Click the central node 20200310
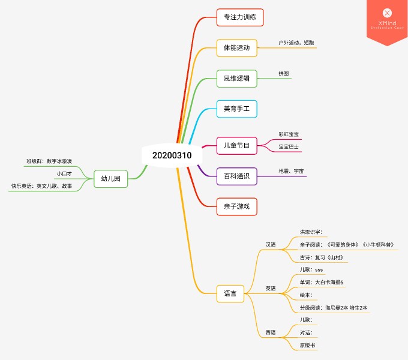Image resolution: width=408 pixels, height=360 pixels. pos(172,155)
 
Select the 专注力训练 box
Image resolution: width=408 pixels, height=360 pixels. pos(240,17)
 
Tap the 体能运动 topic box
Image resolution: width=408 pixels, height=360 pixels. pos(237,48)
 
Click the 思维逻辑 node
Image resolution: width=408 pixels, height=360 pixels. pos(237,78)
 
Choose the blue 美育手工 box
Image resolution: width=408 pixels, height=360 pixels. pos(237,109)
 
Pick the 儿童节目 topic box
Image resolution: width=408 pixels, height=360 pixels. pos(237,146)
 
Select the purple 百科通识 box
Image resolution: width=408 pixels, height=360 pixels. pos(237,176)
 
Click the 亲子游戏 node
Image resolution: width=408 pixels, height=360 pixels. pos(237,206)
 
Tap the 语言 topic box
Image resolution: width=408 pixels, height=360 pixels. pos(230,293)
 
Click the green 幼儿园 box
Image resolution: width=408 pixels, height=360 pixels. pos(111,179)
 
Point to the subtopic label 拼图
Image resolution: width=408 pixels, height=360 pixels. pos(284,73)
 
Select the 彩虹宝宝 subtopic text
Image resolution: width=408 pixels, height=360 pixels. pos(289,134)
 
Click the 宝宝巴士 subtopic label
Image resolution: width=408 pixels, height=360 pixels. pos(289,147)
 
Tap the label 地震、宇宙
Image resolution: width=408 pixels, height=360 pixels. pos(291,171)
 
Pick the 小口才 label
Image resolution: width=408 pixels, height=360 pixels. pos(64,173)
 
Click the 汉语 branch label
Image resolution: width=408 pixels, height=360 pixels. pos(271,245)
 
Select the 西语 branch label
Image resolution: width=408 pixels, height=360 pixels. pos(271,332)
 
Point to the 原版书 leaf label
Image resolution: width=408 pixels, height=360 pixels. pos(307,346)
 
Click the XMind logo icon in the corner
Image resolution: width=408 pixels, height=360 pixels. pos(387,13)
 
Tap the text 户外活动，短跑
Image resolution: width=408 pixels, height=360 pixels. pos(296,43)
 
